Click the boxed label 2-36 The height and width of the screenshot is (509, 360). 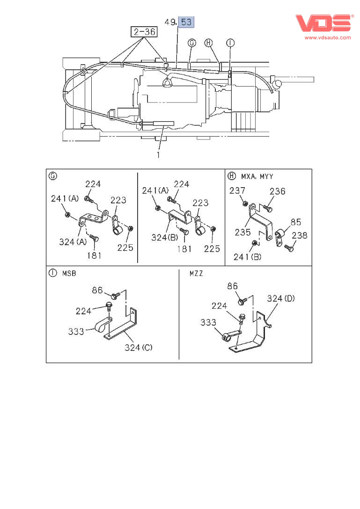pos(143,32)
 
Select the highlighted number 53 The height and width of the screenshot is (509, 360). pos(186,22)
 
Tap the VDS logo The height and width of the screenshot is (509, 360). pos(323,23)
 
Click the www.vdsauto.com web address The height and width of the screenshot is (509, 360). pos(328,37)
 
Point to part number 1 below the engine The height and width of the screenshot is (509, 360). pos(159,154)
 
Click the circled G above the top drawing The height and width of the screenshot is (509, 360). pos(191,43)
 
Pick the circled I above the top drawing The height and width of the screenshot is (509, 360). pos(230,43)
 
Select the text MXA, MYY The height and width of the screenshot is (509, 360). pos(257,176)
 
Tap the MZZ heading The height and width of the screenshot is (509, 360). pos(197,272)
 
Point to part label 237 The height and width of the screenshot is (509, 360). pos(237,190)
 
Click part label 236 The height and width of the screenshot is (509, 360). pos(277,191)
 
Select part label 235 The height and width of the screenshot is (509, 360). pos(242,232)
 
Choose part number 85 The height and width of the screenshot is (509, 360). pos(295,222)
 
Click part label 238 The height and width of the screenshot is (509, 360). pos(299,235)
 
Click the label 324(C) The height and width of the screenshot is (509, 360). pos(139,348)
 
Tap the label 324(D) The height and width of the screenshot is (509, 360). pos(281,298)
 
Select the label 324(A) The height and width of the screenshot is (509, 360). pos(73,242)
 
